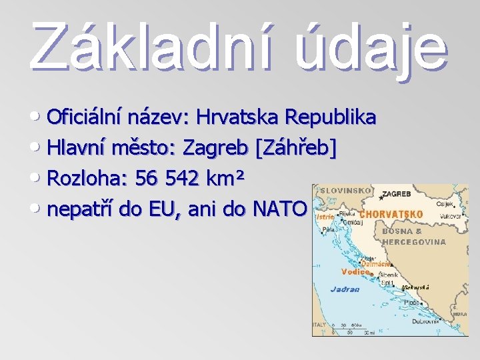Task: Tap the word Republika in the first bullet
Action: [331, 117]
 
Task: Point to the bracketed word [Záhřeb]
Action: [296, 148]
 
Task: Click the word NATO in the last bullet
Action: [279, 210]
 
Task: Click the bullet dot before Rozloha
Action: [38, 178]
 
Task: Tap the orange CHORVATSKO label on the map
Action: [391, 215]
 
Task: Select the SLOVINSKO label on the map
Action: [346, 191]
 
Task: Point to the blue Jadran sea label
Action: [345, 289]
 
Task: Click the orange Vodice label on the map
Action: [355, 271]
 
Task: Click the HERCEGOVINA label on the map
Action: [414, 241]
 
